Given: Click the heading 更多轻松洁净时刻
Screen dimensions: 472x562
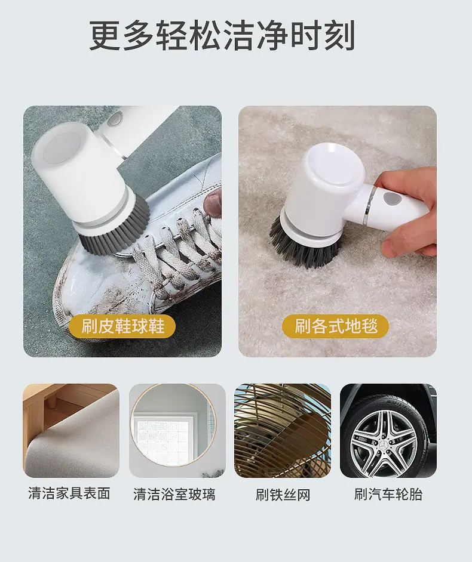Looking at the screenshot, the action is (222, 36).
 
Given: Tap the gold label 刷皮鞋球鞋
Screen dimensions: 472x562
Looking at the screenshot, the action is (122, 326).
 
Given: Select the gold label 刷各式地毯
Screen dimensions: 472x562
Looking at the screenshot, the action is (336, 326).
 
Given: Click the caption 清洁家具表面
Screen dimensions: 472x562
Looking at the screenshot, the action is (69, 493).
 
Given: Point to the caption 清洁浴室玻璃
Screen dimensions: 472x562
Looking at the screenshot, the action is (174, 494).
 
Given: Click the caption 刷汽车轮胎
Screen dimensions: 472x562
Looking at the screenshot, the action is (388, 494).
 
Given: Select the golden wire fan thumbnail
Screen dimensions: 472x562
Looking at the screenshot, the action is (283, 431).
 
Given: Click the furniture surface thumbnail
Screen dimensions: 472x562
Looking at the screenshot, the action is (71, 431).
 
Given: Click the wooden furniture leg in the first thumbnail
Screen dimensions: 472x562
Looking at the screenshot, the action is (53, 400).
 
